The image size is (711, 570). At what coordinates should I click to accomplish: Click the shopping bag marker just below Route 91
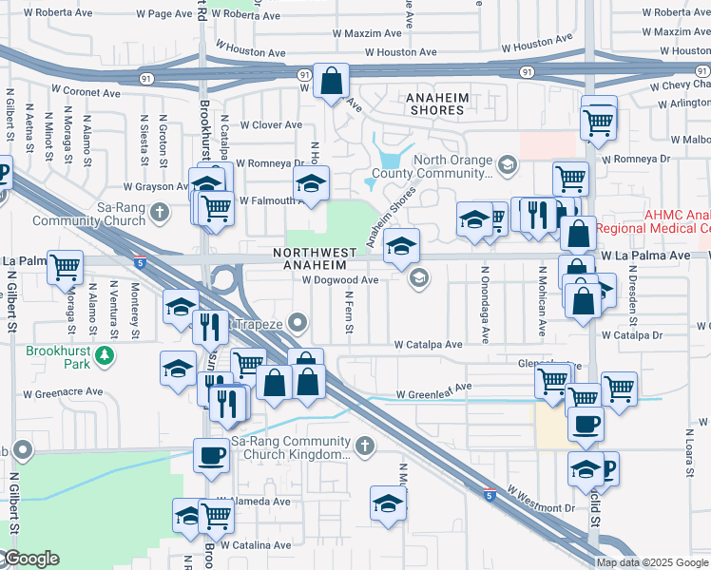(x=332, y=83)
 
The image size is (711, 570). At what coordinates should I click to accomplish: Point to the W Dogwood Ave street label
(x=340, y=280)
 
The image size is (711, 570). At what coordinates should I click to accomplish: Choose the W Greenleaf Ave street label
(x=433, y=388)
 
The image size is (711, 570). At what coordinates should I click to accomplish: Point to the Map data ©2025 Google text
(x=653, y=562)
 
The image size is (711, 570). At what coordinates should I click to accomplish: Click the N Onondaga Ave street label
(x=484, y=304)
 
